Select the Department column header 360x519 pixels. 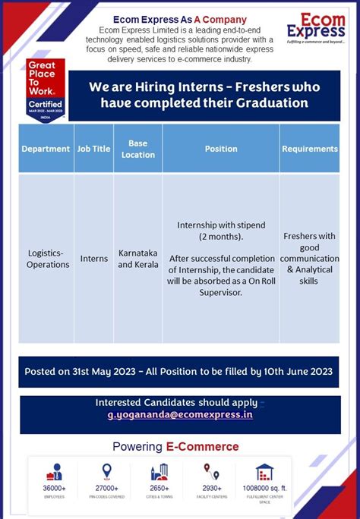(46, 149)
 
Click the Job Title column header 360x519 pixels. (93, 149)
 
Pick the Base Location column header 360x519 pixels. (137, 149)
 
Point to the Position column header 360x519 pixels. (221, 149)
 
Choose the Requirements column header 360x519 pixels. (310, 149)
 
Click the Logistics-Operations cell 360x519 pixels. (48, 259)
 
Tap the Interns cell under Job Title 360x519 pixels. (94, 259)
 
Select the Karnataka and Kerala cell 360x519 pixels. (138, 259)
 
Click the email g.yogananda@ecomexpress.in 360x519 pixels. (180, 415)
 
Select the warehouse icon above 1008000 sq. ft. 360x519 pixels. (264, 472)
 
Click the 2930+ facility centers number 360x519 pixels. (212, 489)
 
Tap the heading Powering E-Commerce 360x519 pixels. (175, 446)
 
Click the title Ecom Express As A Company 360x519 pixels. (179, 19)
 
